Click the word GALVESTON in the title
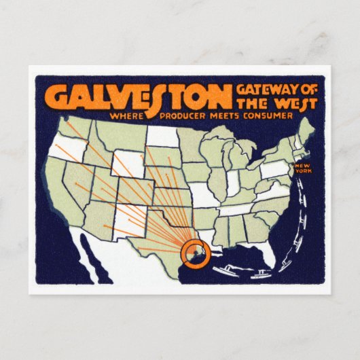(139, 98)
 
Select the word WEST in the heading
(280, 103)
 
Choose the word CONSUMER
(271, 115)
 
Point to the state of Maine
(306, 129)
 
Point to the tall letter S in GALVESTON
(174, 98)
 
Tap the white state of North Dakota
(163, 135)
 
